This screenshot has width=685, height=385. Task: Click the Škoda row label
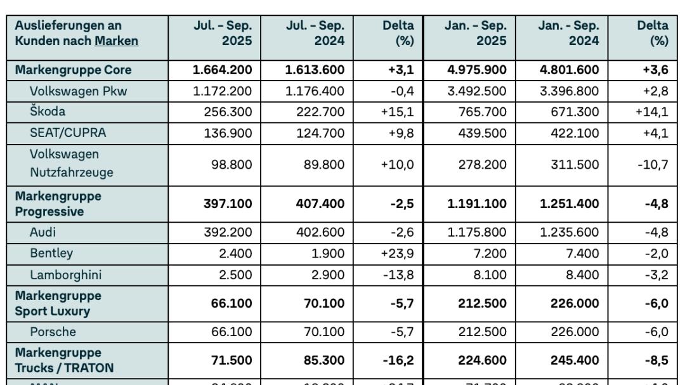pos(48,112)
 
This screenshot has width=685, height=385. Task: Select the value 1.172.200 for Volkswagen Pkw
pos(223,91)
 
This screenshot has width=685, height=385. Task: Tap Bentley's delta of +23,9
pos(397,254)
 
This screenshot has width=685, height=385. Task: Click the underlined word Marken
pos(116,41)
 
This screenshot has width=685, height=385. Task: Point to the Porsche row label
pos(53,332)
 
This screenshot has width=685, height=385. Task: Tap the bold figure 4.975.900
pos(477,70)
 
